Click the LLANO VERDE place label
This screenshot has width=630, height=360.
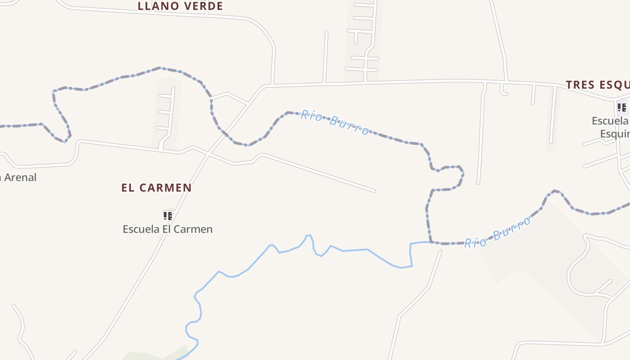(x=180, y=6)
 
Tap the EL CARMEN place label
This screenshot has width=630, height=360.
(x=156, y=188)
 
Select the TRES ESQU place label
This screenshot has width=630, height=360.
(x=598, y=85)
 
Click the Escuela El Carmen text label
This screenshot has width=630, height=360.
(x=167, y=229)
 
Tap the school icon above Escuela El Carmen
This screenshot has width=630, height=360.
(x=168, y=216)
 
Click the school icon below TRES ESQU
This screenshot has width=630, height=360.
(x=621, y=108)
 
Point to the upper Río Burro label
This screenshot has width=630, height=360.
(x=335, y=122)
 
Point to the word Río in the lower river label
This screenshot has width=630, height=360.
(x=475, y=242)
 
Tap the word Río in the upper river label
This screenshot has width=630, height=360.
(x=311, y=116)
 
